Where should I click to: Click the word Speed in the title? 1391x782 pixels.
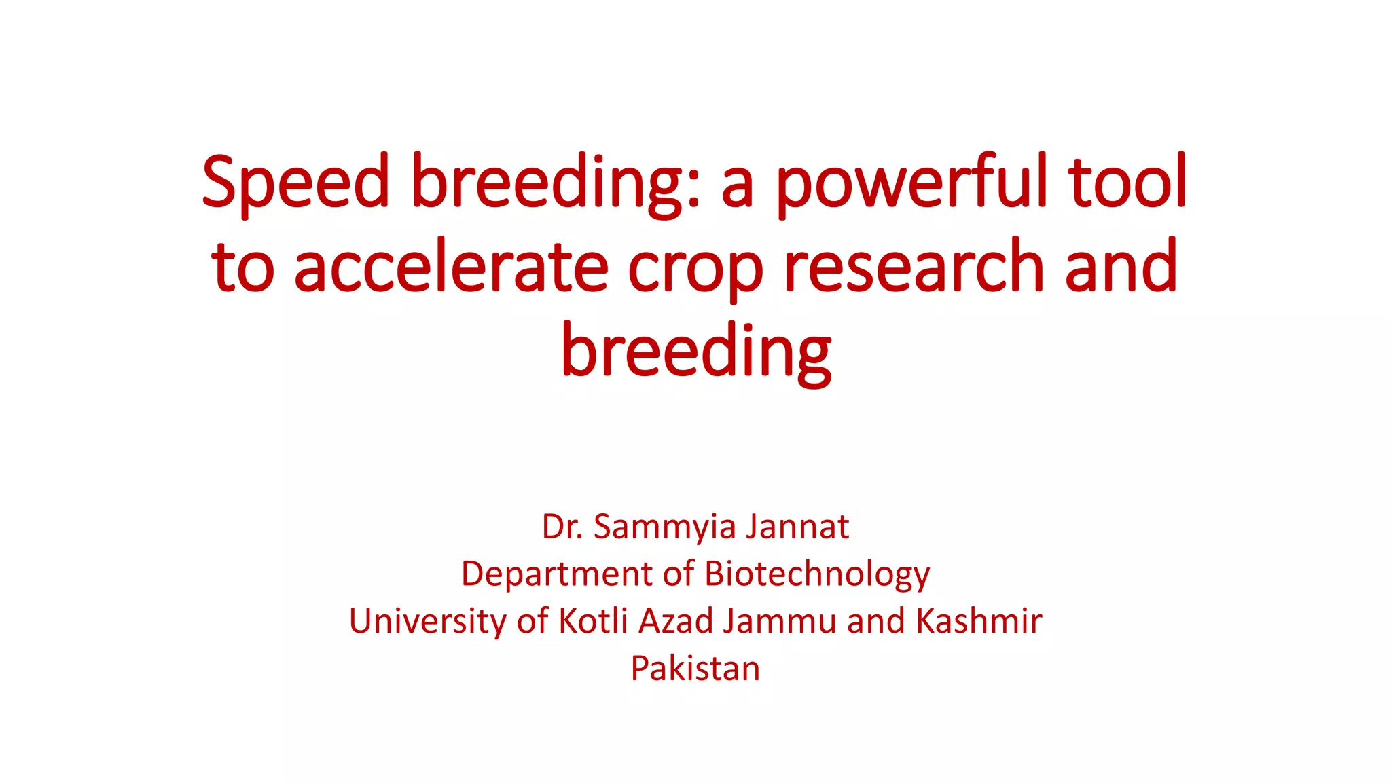tap(295, 182)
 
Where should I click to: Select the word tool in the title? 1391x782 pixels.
tap(1127, 182)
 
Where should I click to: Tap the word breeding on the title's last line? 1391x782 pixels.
tap(696, 352)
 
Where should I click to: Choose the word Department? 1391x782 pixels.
tap(557, 574)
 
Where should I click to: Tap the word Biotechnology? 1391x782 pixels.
tap(817, 574)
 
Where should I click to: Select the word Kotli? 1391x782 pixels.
tap(593, 620)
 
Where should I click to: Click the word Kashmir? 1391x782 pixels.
tap(979, 620)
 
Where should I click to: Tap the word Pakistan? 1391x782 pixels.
tap(695, 668)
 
